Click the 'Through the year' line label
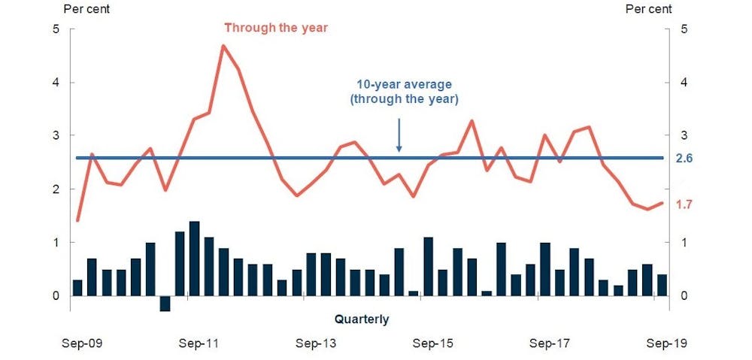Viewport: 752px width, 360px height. (x=276, y=28)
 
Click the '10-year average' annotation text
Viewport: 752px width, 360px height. (x=404, y=85)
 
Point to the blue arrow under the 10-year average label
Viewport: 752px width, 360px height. (x=399, y=136)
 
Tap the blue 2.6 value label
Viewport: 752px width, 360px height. (x=684, y=158)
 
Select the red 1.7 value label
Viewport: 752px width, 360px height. (x=684, y=204)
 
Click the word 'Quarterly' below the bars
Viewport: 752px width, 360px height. (x=362, y=319)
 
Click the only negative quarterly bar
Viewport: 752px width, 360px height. (x=165, y=304)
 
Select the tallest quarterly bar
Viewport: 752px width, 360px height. (x=194, y=259)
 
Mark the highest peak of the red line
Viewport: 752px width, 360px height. (x=223, y=46)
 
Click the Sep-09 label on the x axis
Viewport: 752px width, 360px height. (x=83, y=343)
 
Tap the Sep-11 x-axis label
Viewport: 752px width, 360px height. (x=199, y=343)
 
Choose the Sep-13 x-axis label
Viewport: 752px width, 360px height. (x=316, y=343)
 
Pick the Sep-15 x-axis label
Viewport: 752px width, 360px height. (x=432, y=343)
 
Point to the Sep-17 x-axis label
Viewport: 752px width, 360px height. (x=550, y=343)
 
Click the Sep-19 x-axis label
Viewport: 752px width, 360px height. (x=666, y=343)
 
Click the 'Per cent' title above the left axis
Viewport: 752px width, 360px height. (x=86, y=9)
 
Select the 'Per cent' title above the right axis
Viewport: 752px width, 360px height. (x=649, y=9)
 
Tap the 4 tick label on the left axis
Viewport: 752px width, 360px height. (x=56, y=83)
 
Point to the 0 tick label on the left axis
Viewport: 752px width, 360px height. (x=56, y=296)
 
